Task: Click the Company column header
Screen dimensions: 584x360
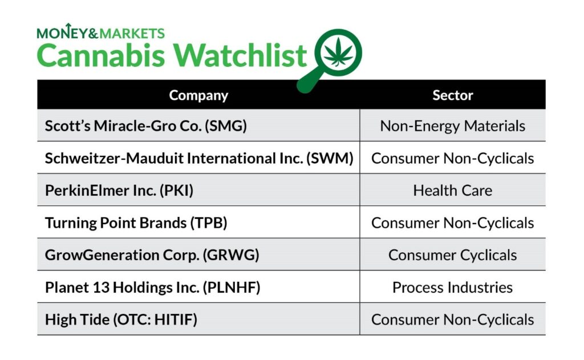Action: click(198, 95)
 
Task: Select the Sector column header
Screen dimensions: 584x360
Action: click(452, 95)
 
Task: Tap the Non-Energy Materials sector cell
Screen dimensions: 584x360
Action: click(452, 126)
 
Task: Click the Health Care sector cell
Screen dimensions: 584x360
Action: click(452, 191)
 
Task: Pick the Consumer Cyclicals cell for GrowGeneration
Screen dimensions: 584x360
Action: click(452, 255)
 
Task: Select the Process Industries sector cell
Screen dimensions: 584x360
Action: click(452, 288)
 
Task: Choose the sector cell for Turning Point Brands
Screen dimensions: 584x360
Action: click(452, 223)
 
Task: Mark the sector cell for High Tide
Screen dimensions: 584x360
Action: click(452, 319)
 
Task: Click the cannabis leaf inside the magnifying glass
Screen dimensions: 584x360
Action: click(338, 52)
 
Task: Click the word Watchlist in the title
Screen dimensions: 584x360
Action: click(240, 55)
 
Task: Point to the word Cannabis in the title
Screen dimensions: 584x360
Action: click(100, 55)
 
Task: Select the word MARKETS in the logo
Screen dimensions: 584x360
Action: click(132, 34)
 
